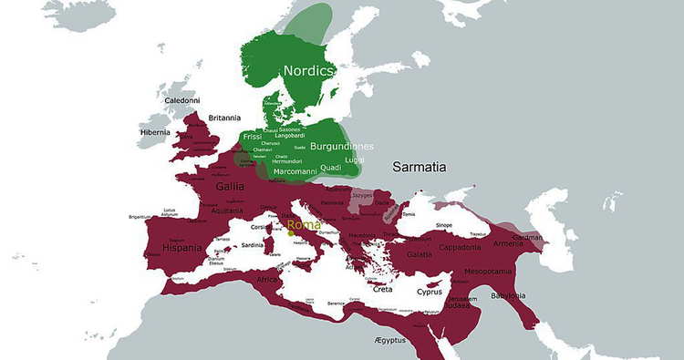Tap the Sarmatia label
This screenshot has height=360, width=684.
420,168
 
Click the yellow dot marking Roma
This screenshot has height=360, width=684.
290,233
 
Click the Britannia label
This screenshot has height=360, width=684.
224,118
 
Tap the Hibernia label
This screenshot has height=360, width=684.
154,132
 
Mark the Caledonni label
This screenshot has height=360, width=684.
181,100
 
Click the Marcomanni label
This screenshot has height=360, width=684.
295,170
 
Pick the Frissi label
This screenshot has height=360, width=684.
253,137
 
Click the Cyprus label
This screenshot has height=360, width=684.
429,293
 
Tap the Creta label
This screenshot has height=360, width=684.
383,290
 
